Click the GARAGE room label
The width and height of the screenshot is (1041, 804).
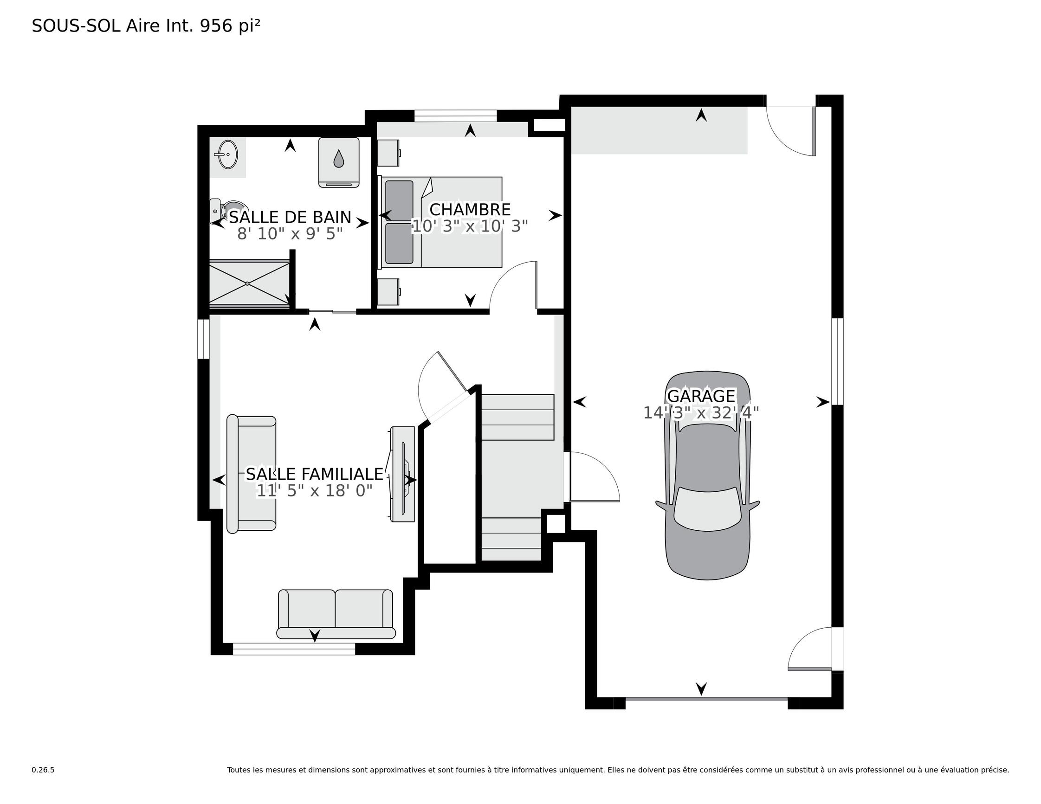[x=701, y=396]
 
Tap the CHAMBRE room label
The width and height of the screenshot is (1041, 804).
[x=470, y=210]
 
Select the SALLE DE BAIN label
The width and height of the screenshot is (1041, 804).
[x=290, y=217]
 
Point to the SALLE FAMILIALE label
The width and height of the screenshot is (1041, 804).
[x=315, y=474]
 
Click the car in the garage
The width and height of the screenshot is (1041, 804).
[x=707, y=475]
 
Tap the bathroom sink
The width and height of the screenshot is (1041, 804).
[x=228, y=154]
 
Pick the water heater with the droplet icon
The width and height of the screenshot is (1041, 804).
[x=339, y=162]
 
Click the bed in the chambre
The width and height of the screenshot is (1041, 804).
[x=440, y=223]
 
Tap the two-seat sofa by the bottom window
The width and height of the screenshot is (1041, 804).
[x=336, y=614]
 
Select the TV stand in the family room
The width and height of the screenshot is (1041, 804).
[x=403, y=474]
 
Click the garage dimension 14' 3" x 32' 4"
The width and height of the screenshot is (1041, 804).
[x=701, y=413]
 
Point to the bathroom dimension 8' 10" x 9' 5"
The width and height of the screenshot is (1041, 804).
[x=290, y=234]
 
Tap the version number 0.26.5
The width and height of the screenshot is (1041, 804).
[x=43, y=770]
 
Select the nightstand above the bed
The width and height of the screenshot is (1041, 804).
[x=388, y=153]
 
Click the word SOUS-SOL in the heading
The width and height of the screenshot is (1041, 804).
[x=76, y=26]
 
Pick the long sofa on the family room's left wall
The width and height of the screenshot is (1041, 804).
[x=251, y=474]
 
